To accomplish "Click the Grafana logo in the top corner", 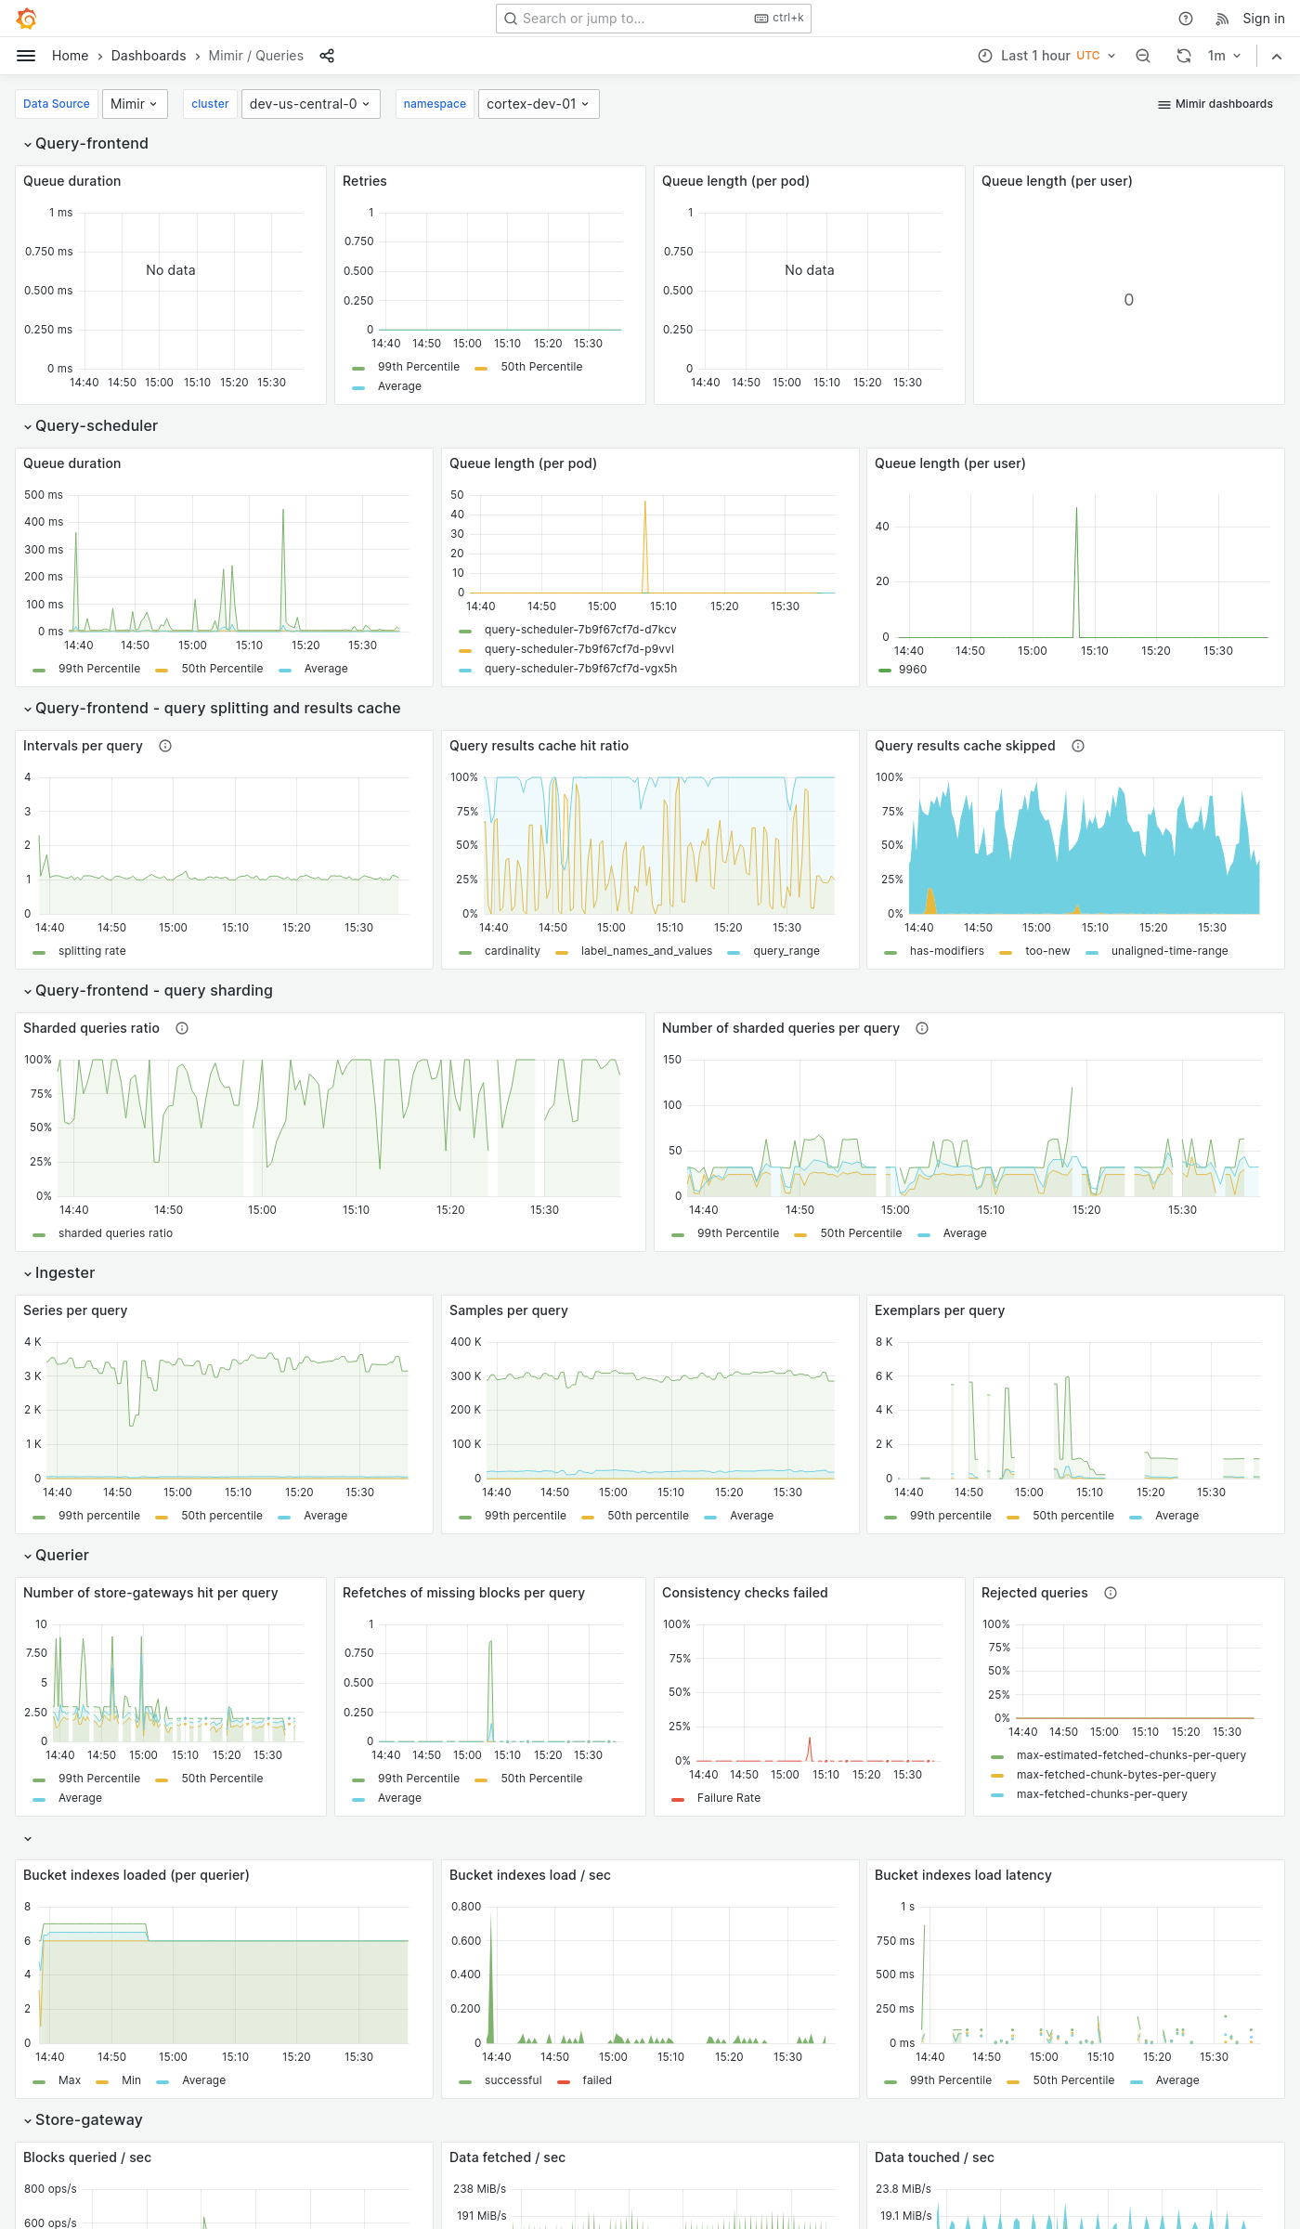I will click(26, 19).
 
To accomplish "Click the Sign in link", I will click(1263, 19).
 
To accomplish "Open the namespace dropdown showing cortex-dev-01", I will click(538, 104).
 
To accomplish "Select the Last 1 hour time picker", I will click(1046, 56).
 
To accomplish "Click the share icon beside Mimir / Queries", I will click(327, 56).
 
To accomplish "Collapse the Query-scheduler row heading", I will click(96, 425).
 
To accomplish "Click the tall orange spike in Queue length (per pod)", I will click(645, 539).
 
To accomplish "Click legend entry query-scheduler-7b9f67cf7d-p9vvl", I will click(578, 649).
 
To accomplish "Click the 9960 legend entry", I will click(912, 670).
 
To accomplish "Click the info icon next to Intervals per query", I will click(165, 746).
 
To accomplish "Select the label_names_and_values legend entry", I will click(646, 951).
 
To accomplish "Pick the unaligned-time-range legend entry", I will click(1169, 951).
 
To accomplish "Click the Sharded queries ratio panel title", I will click(91, 1028).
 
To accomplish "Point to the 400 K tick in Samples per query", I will click(465, 1342).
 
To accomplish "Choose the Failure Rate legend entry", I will click(728, 1798).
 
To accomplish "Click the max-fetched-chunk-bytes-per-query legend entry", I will click(1115, 1775).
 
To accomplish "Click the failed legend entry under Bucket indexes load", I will click(596, 2080).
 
